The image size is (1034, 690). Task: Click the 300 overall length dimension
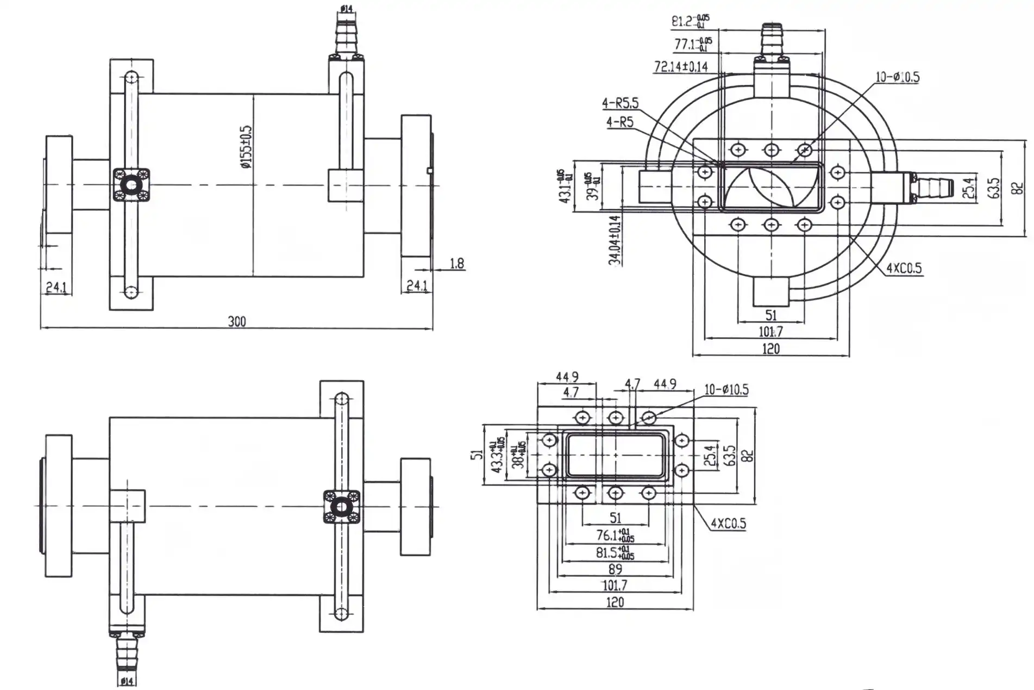tap(237, 321)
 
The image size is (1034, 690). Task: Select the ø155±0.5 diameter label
tap(246, 147)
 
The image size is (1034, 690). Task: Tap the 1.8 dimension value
tap(457, 264)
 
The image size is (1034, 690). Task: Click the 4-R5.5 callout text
tap(620, 103)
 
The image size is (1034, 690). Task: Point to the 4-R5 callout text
tap(620, 122)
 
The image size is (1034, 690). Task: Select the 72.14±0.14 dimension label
tap(681, 66)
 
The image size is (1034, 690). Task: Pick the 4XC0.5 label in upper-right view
tap(904, 268)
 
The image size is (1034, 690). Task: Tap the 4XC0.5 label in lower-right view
tap(728, 524)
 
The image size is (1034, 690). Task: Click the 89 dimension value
tap(615, 569)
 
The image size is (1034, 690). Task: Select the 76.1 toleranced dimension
tap(614, 536)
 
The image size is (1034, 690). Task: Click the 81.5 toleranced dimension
tap(614, 553)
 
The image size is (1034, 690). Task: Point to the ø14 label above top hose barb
tap(346, 8)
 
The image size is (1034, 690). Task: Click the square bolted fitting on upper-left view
tap(131, 185)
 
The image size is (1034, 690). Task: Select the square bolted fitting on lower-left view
tap(341, 507)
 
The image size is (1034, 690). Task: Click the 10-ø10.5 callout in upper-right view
tap(897, 77)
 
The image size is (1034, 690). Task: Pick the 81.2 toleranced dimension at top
tap(690, 21)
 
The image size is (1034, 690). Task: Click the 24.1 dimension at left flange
tap(56, 287)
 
